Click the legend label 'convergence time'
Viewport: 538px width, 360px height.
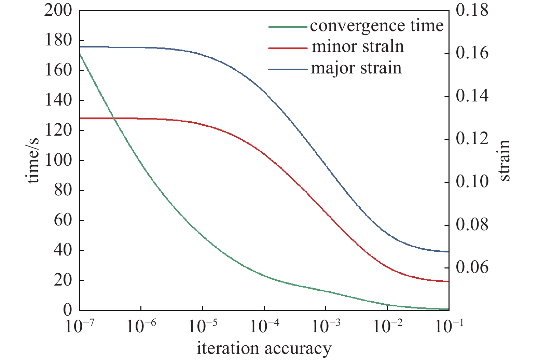pos(376,26)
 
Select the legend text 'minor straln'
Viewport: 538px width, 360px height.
pos(358,47)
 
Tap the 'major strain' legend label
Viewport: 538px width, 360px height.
pos(356,68)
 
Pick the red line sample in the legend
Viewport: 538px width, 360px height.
pos(288,48)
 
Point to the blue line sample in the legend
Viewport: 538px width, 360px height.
pos(288,69)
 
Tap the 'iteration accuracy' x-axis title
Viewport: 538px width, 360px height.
pos(264,349)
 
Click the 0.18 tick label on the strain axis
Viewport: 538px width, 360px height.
pos(472,11)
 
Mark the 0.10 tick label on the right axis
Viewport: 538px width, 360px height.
pos(472,182)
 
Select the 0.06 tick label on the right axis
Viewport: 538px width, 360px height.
pos(472,267)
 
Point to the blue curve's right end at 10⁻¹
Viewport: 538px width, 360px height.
pos(448,252)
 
